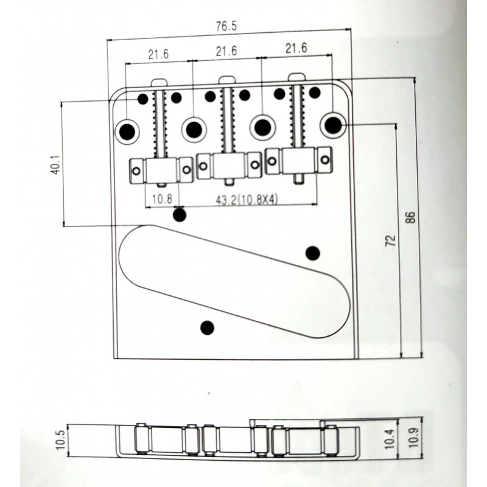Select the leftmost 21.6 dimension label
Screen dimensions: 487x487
pos(158,54)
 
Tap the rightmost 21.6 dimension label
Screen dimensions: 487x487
pos(296,48)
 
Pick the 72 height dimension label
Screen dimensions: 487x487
pos(391,239)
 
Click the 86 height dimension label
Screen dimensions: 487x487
pos(410,217)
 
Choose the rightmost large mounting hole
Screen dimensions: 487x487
pos(332,125)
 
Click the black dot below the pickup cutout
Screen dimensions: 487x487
pos(208,328)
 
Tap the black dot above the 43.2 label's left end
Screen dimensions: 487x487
pos(180,214)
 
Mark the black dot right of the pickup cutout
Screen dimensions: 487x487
pos(312,253)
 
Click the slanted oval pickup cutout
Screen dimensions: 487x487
pos(234,279)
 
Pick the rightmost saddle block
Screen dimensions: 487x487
pos(298,161)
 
